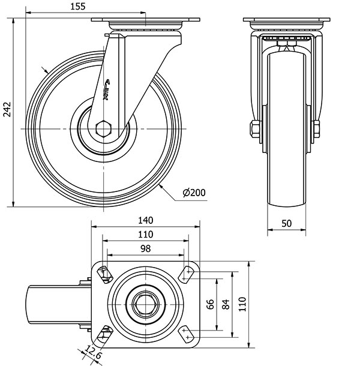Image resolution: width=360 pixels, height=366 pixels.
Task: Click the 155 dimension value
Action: click(77, 7)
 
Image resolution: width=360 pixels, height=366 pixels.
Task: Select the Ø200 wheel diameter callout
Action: click(193, 192)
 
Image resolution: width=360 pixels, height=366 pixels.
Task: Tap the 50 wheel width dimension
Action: click(286, 223)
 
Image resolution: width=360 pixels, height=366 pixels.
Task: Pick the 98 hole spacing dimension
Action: click(145, 248)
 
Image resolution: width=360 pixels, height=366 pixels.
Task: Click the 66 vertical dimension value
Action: click(210, 304)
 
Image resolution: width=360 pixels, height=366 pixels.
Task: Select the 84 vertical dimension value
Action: click(226, 304)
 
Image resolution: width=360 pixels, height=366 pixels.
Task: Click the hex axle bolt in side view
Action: click(104, 128)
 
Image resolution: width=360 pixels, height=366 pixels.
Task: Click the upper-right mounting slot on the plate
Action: click(187, 274)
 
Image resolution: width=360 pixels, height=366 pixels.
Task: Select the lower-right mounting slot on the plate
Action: click(186, 334)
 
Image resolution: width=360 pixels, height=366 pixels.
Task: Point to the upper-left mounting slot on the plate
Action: click(106, 274)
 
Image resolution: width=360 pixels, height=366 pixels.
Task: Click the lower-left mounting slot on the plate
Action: click(106, 334)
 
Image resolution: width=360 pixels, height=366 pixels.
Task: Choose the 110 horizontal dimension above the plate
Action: click(146, 234)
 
